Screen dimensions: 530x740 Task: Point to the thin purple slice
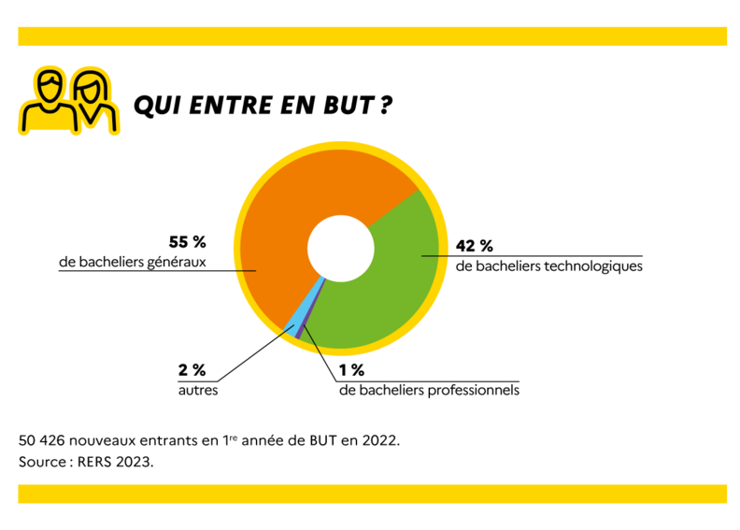click(304, 329)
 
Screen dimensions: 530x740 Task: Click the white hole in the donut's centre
click(337, 248)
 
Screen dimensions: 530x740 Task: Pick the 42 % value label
click(474, 247)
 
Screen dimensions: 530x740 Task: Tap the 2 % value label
click(192, 370)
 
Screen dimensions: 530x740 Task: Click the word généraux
click(175, 262)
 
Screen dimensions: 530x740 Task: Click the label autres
click(198, 389)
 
